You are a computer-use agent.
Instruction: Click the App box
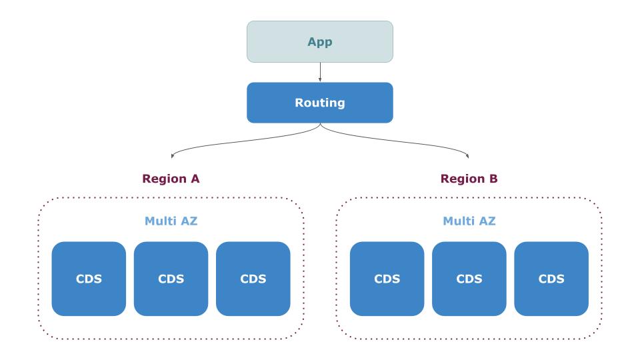[320, 41]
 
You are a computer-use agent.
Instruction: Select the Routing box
[320, 103]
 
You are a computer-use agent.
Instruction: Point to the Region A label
[171, 179]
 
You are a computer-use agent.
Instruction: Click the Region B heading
[469, 179]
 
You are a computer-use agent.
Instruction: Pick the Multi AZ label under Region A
[171, 221]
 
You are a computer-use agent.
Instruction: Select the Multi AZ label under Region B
[469, 221]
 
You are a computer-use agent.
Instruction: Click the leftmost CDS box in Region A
[89, 279]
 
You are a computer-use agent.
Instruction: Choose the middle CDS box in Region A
[171, 279]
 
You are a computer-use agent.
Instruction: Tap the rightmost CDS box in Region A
[253, 279]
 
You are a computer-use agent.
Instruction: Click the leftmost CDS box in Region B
[387, 279]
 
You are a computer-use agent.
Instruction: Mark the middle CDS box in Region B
[469, 279]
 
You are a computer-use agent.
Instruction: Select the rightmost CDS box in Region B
[551, 279]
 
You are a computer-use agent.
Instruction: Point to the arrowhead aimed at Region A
[173, 157]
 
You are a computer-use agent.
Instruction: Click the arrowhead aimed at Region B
[467, 157]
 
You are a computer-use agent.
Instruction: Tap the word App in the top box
[320, 41]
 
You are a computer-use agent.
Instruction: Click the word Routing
[320, 103]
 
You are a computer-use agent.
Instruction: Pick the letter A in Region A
[195, 179]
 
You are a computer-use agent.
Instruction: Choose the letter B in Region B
[494, 179]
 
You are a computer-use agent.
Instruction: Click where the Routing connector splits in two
[320, 125]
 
